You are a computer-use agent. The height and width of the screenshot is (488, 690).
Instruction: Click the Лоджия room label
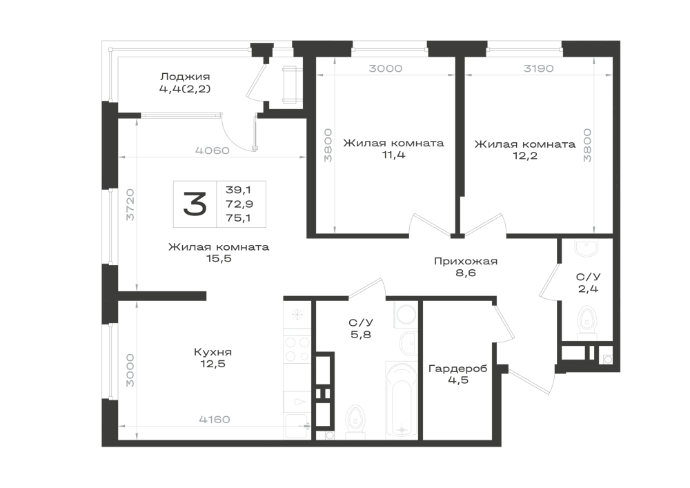pyautogui.click(x=185, y=77)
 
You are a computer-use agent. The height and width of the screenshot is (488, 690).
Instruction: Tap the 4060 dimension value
pyautogui.click(x=213, y=150)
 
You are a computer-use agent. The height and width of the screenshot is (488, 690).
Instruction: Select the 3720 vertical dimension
pyautogui.click(x=130, y=204)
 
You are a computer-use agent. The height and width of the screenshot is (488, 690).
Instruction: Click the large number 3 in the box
pyautogui.click(x=195, y=204)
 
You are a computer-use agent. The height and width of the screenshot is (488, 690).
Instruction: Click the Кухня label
pyautogui.click(x=213, y=352)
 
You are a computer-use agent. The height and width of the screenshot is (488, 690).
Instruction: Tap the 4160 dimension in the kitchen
pyautogui.click(x=215, y=420)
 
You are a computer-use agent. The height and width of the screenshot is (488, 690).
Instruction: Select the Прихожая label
pyautogui.click(x=466, y=262)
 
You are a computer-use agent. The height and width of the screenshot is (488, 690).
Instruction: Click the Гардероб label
pyautogui.click(x=457, y=369)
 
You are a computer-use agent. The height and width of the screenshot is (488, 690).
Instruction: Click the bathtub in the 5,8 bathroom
pyautogui.click(x=401, y=400)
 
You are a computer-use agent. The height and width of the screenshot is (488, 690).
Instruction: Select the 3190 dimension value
pyautogui.click(x=539, y=68)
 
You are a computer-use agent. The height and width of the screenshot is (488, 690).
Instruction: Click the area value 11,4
pyautogui.click(x=394, y=155)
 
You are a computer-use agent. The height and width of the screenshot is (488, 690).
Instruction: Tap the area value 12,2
pyautogui.click(x=525, y=156)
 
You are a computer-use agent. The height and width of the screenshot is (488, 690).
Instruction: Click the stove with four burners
pyautogui.click(x=297, y=349)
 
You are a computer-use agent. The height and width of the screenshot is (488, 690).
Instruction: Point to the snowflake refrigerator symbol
pyautogui.click(x=297, y=314)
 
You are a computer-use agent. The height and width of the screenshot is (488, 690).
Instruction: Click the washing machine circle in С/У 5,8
pyautogui.click(x=405, y=314)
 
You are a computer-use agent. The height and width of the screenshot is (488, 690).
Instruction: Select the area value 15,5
pyautogui.click(x=219, y=258)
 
